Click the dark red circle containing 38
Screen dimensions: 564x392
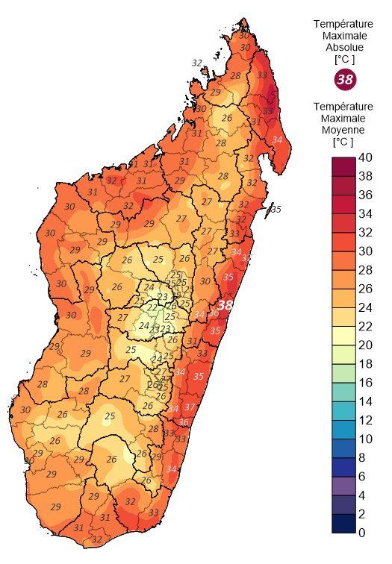[345, 79]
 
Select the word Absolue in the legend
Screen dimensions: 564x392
[344, 46]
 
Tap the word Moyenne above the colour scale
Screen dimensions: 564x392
[344, 129]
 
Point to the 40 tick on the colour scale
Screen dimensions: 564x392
[365, 157]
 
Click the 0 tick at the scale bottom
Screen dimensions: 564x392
[361, 533]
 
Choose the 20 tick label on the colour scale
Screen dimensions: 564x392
[365, 345]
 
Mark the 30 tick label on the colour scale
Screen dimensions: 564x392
[365, 251]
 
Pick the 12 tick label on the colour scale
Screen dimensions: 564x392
[365, 420]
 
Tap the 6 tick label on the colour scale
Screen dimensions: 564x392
[361, 477]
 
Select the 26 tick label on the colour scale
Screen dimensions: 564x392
[365, 289]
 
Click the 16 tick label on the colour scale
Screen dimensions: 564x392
[365, 383]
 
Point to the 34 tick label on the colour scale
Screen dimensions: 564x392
[365, 214]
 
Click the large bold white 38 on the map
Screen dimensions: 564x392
[225, 305]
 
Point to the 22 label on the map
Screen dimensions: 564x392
[152, 308]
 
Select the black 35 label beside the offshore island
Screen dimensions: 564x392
[276, 209]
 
